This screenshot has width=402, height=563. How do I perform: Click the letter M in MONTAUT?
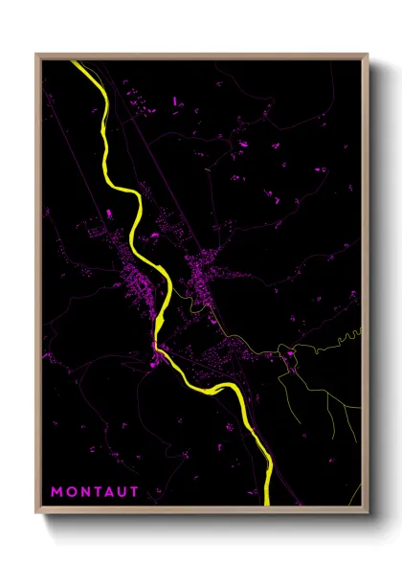click(56, 492)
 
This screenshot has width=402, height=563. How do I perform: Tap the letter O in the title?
click(71, 492)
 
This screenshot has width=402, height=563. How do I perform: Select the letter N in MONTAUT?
click(85, 492)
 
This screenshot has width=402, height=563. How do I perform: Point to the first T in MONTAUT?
click(99, 492)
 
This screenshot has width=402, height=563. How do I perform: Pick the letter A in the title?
click(111, 492)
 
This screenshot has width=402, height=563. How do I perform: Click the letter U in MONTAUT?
click(124, 492)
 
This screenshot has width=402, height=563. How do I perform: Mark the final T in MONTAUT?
click(137, 492)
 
